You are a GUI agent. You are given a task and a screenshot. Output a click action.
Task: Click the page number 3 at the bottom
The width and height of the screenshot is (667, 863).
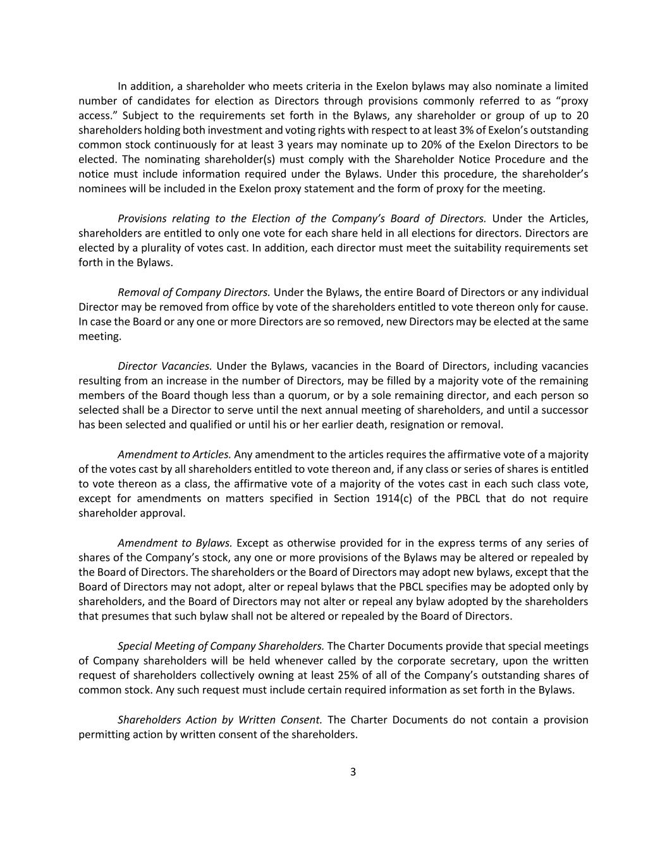[x=353, y=771]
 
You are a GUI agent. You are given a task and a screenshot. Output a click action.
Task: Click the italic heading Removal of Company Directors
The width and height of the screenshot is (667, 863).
[x=194, y=292]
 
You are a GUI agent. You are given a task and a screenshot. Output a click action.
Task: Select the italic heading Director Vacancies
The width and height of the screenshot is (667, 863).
[x=164, y=366]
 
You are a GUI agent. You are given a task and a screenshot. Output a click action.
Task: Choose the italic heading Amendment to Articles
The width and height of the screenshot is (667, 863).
[x=174, y=455]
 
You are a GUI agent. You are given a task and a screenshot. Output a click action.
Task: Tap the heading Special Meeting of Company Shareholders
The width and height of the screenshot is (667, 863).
[x=221, y=646]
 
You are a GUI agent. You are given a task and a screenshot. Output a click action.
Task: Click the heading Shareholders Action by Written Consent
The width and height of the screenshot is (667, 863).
[x=220, y=719]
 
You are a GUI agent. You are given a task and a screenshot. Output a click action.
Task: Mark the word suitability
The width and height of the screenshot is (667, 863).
[x=489, y=248]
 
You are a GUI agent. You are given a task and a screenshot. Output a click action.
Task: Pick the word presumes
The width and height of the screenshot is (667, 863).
[x=122, y=616]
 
